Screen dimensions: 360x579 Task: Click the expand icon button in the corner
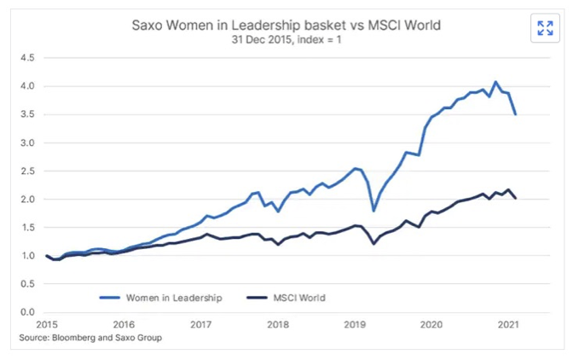click(x=545, y=28)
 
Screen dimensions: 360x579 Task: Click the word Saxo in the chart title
click(x=150, y=26)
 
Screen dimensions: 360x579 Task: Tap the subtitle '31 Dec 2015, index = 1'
click(x=287, y=40)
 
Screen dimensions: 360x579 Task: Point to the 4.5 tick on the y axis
click(x=27, y=58)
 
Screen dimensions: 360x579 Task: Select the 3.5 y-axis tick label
click(x=27, y=114)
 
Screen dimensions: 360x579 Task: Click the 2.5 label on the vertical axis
click(x=27, y=171)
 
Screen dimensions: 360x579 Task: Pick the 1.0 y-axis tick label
click(x=27, y=255)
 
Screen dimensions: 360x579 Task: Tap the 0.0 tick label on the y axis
click(x=27, y=312)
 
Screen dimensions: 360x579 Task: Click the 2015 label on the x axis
click(x=47, y=324)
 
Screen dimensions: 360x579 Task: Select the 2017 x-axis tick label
click(x=201, y=324)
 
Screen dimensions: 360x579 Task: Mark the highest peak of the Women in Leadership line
click(x=495, y=82)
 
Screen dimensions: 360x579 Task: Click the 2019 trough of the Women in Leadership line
click(x=373, y=210)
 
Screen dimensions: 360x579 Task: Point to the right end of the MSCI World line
click(x=515, y=198)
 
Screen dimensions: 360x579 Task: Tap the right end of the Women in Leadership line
click(x=515, y=114)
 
